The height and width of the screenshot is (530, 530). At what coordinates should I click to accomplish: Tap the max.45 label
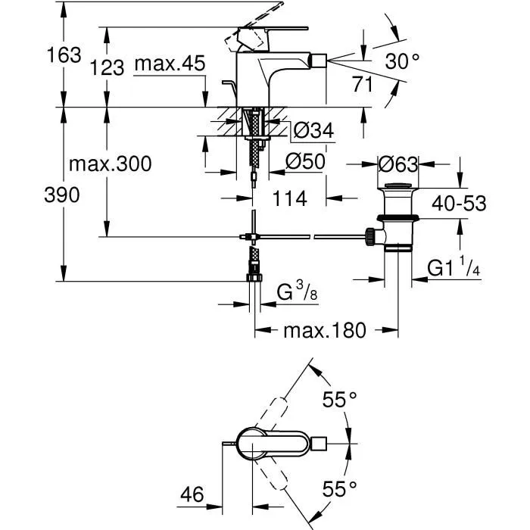click(x=170, y=64)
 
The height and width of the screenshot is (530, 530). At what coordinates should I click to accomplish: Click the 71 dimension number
click(x=363, y=84)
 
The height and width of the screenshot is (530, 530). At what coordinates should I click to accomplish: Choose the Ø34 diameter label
click(x=312, y=131)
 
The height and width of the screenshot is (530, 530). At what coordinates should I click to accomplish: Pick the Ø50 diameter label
click(x=306, y=161)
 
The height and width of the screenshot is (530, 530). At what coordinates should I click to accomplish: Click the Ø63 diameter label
click(x=398, y=164)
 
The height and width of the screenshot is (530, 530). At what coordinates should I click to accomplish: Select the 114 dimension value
click(x=289, y=198)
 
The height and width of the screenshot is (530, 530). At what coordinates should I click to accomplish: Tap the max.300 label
click(x=110, y=164)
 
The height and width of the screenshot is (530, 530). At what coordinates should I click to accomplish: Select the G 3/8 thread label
click(x=295, y=290)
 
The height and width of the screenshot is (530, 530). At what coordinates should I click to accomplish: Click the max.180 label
click(x=325, y=330)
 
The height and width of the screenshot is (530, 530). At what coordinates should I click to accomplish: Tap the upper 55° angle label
click(x=339, y=401)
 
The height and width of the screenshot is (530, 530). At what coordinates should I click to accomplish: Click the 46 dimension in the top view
click(x=192, y=496)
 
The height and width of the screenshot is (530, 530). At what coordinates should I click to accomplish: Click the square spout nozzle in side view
click(x=318, y=59)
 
